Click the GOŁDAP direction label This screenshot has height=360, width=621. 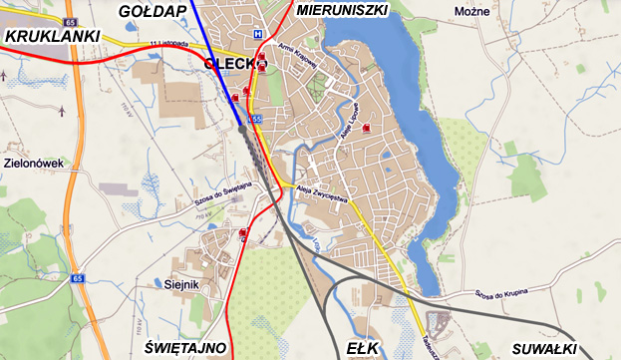pos(152,11)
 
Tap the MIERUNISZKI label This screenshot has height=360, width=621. pos(341,11)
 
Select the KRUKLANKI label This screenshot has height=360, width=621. pos(53,37)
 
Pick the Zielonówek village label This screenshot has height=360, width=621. pos(34,162)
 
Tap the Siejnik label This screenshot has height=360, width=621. pos(182,284)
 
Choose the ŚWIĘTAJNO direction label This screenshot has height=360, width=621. pos(184,348)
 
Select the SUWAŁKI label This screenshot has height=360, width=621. pos(544,348)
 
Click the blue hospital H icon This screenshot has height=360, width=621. pos(257,34)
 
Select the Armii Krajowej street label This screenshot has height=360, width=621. pos(298,59)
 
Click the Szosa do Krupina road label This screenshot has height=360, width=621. pos(499,293)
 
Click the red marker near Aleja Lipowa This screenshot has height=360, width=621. pos(368,128)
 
